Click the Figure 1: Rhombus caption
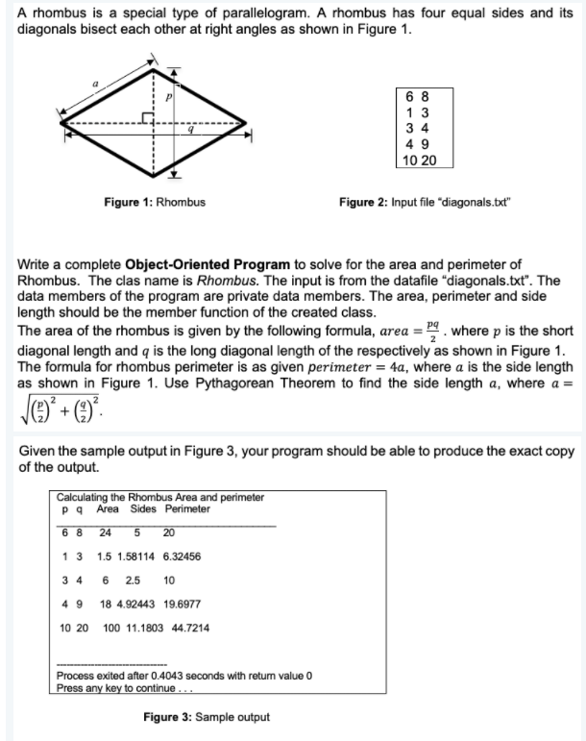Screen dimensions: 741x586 154,202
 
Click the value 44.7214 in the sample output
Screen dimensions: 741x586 188,628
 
